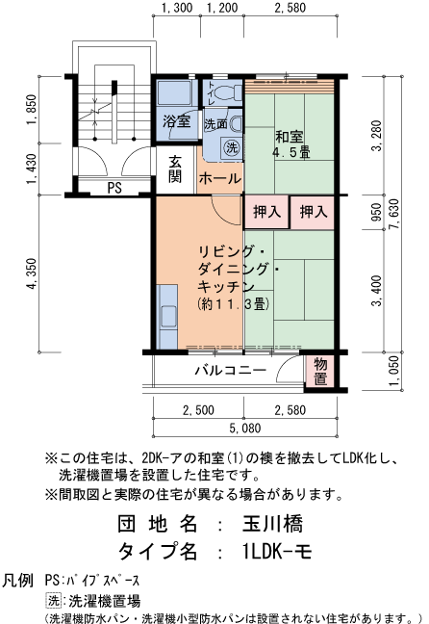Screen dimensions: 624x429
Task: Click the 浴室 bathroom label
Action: point(176,122)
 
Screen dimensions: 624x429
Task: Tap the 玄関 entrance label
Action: point(176,169)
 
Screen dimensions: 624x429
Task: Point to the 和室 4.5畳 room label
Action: point(290,144)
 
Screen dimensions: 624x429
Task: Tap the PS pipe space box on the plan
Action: point(114,188)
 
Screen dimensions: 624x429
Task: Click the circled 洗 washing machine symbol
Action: point(231,147)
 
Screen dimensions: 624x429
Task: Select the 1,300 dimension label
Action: point(177,10)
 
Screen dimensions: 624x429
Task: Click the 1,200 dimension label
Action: point(222,10)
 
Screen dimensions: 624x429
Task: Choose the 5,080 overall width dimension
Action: point(246,428)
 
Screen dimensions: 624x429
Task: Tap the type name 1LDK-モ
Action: point(277,552)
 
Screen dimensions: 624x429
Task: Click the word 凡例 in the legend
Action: point(19,582)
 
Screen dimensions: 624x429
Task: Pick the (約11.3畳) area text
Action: point(235,304)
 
